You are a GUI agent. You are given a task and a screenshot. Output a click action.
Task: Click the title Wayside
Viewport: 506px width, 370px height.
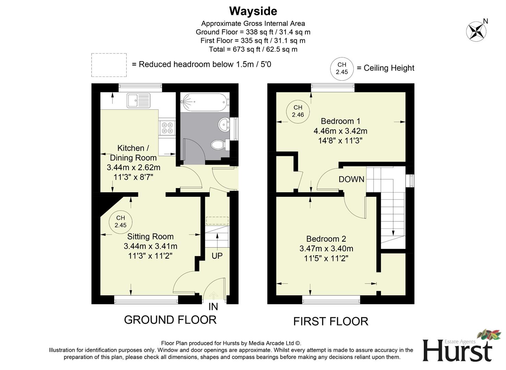pyautogui.click(x=253, y=11)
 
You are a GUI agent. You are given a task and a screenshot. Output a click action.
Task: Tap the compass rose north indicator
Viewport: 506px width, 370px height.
pyautogui.click(x=476, y=32)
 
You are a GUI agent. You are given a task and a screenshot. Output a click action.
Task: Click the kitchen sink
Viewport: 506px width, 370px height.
pyautogui.click(x=138, y=101)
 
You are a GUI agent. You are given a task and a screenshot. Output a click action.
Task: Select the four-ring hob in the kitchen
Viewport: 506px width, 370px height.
pyautogui.click(x=167, y=128)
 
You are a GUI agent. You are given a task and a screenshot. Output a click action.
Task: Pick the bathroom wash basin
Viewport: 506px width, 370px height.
pyautogui.click(x=224, y=124)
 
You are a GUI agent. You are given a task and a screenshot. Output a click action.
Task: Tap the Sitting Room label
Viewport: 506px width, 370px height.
pyautogui.click(x=150, y=236)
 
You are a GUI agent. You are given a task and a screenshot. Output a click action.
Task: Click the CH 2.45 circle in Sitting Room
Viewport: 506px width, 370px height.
pyautogui.click(x=120, y=222)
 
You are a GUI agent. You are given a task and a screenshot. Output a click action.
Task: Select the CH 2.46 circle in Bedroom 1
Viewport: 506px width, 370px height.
pyautogui.click(x=298, y=111)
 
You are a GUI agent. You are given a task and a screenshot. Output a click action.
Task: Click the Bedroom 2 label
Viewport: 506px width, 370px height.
pyautogui.click(x=326, y=239)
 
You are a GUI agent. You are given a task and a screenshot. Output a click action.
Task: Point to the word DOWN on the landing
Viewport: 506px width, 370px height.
pyautogui.click(x=351, y=179)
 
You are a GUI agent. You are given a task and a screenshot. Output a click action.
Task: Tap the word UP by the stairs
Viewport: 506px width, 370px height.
pyautogui.click(x=217, y=256)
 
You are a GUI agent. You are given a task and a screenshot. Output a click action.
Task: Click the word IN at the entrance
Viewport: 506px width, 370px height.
pyautogui.click(x=213, y=307)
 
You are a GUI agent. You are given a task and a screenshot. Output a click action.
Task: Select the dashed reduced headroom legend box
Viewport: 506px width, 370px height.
pyautogui.click(x=109, y=65)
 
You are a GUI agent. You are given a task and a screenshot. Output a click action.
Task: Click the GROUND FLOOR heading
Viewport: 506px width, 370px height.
pyautogui.click(x=170, y=320)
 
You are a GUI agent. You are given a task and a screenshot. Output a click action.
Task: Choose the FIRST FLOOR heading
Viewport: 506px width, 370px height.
pyautogui.click(x=330, y=321)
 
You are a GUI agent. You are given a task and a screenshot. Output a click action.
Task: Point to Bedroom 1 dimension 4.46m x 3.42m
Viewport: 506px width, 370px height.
pyautogui.click(x=340, y=131)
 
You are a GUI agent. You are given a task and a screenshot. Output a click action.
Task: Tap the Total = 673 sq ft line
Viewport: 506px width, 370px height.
pyautogui.click(x=253, y=49)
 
